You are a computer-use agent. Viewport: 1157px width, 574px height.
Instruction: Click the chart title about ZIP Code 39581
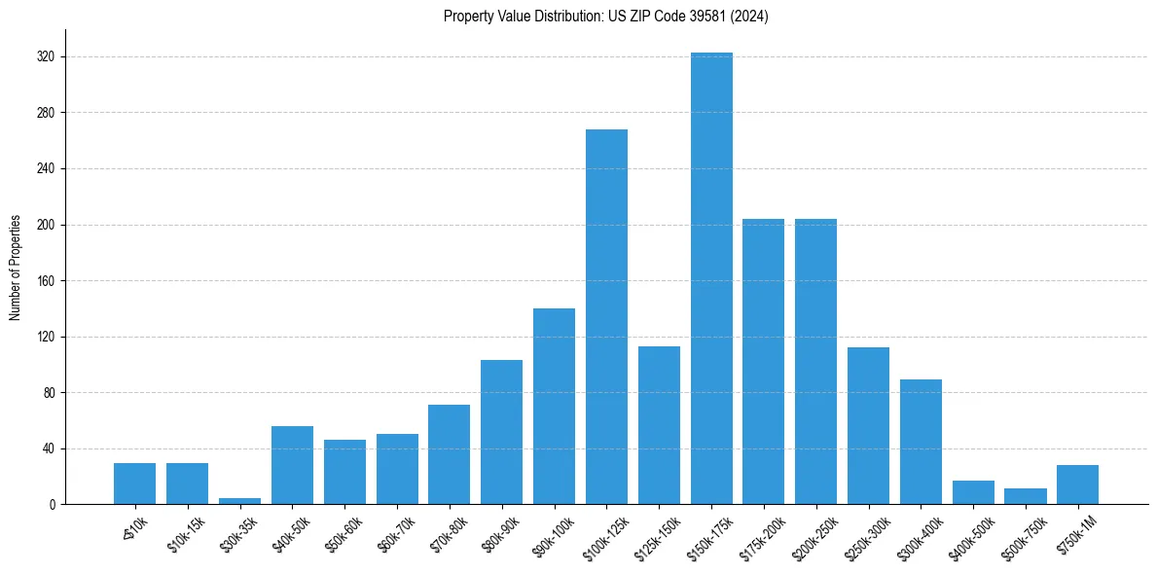pos(605,17)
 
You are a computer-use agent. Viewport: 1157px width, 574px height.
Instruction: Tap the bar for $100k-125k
pos(606,316)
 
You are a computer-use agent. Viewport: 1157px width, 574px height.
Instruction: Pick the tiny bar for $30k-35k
pos(239,501)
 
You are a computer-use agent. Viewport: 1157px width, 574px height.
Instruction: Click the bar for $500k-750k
pos(1025,496)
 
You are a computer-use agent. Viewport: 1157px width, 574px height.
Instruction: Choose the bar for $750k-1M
pos(1077,484)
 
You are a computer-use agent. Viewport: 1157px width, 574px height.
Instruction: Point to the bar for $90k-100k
pos(554,406)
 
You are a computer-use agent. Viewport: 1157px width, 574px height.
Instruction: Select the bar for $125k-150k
pos(659,425)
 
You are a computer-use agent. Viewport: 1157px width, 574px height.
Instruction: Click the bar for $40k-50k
pos(292,465)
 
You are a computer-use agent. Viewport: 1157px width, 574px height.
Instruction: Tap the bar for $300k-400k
pos(920,442)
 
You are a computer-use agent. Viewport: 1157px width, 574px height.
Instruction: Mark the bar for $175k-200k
pos(763,361)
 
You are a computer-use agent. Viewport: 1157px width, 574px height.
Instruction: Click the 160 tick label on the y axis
pos(48,281)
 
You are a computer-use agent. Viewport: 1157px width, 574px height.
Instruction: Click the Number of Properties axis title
pos(16,268)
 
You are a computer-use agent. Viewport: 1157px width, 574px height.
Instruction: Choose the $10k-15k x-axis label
pos(186,532)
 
